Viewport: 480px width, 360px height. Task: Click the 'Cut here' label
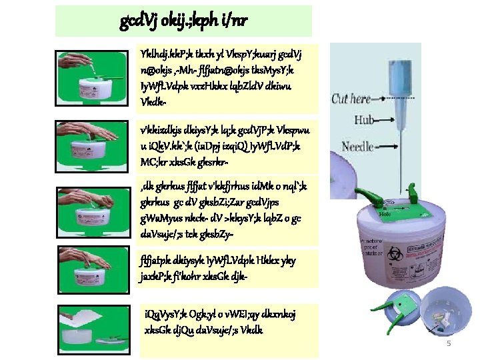[x=351, y=99]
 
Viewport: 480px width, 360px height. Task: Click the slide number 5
[x=448, y=343]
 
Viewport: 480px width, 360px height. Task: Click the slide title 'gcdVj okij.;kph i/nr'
[x=183, y=21]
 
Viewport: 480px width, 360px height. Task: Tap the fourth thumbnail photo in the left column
[x=93, y=266]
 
